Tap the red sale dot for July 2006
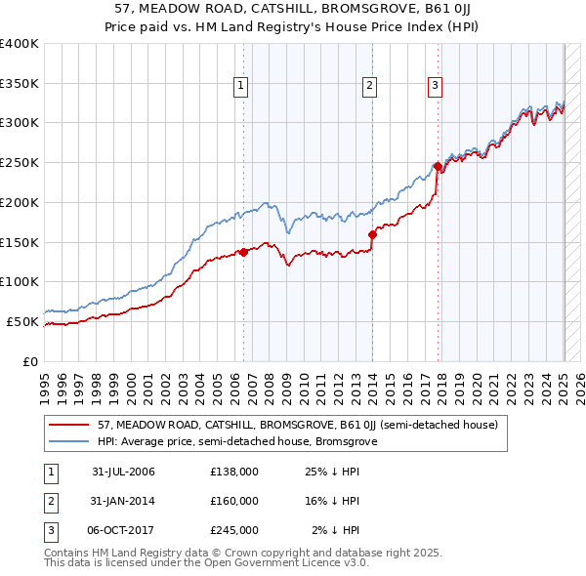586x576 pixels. pos(244,252)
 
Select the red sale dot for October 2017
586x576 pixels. pos(438,167)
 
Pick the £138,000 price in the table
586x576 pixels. pos(234,472)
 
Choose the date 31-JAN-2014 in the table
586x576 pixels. pos(123,501)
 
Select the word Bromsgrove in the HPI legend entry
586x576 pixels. pos(348,441)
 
